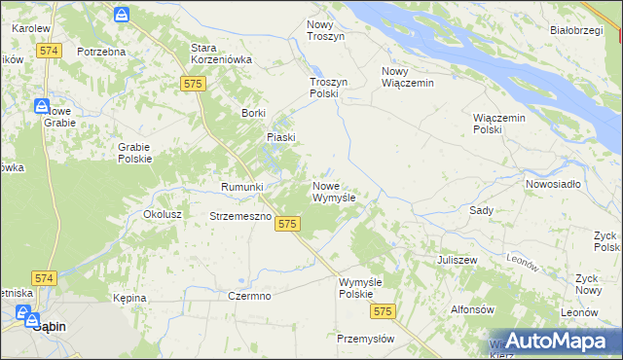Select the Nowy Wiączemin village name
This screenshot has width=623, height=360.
pyautogui.click(x=407, y=77)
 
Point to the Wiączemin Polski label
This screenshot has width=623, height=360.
pyautogui.click(x=499, y=124)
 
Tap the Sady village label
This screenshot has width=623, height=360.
pyautogui.click(x=481, y=210)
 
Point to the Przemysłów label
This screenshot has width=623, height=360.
pyautogui.click(x=365, y=339)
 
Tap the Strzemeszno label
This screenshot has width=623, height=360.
pyautogui.click(x=239, y=216)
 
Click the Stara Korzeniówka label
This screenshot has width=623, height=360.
pyautogui.click(x=222, y=54)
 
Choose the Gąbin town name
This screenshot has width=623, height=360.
pyautogui.click(x=49, y=327)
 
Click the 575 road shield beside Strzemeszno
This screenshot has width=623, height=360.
pyautogui.click(x=286, y=225)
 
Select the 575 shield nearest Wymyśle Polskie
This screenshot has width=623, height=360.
pyautogui.click(x=383, y=311)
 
